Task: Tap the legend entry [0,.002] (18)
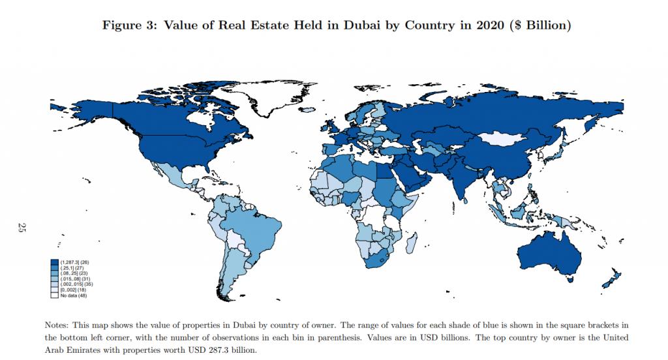[68, 290]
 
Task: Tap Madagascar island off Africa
[412, 245]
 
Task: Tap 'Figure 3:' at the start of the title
[125, 25]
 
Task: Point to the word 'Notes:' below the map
[57, 324]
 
